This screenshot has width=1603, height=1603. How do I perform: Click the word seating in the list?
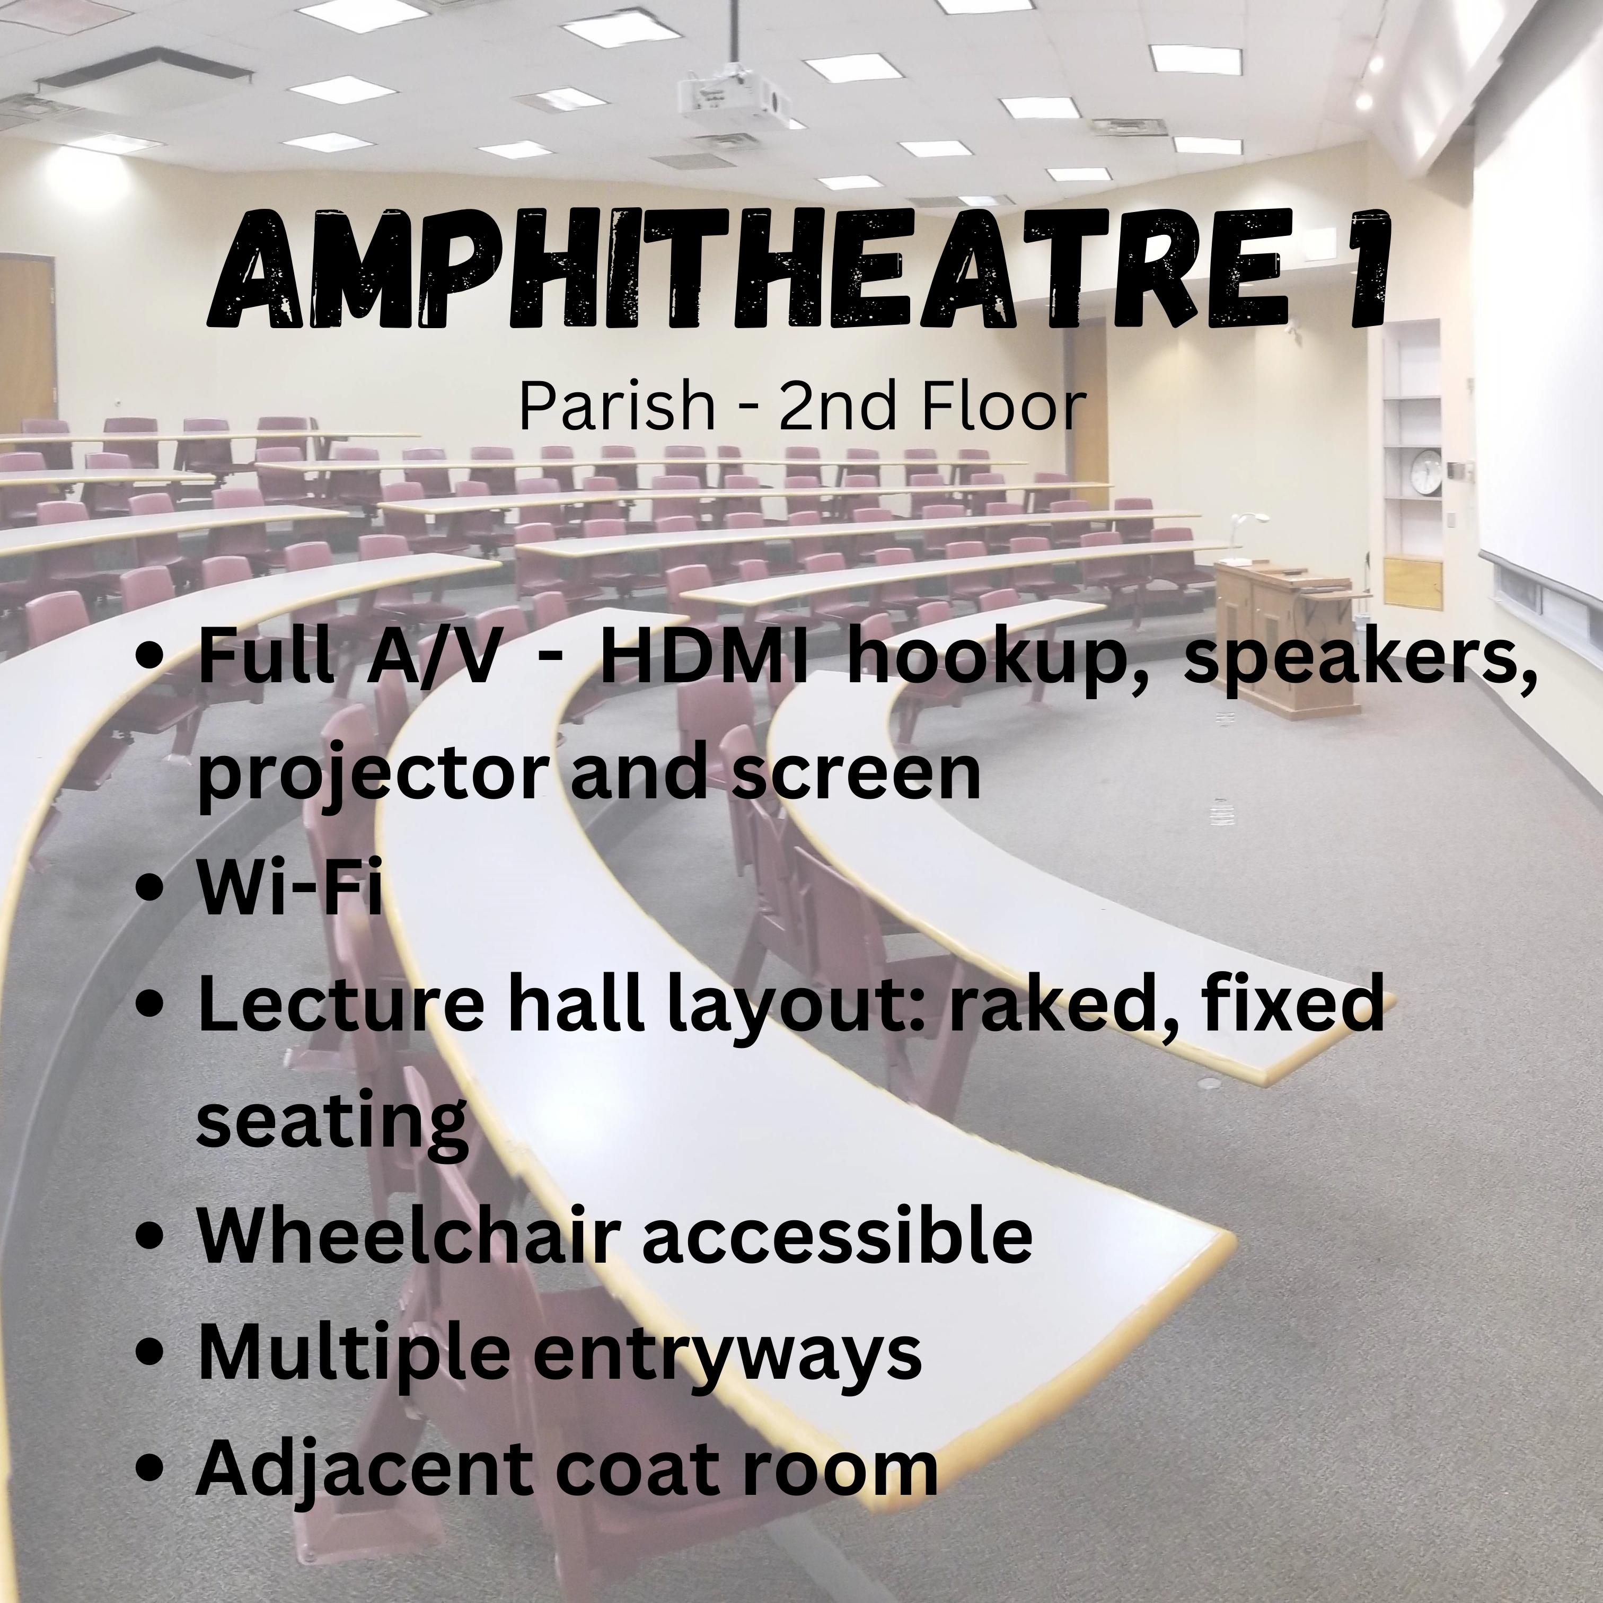(332, 1122)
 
